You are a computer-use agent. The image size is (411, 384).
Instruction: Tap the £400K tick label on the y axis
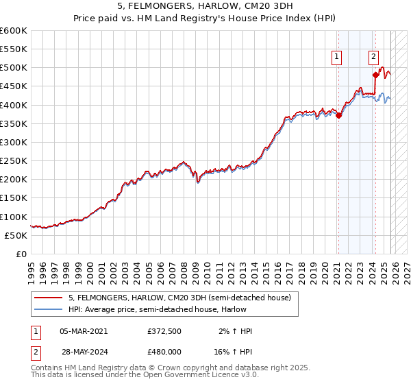(13, 105)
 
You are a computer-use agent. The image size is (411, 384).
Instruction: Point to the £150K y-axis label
(13, 198)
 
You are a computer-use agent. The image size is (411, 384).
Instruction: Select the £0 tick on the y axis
(21, 254)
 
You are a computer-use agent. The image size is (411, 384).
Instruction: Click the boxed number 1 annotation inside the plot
(338, 58)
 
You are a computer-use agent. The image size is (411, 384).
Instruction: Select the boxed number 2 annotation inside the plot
(374, 58)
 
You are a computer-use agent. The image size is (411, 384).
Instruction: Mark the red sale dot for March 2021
(338, 115)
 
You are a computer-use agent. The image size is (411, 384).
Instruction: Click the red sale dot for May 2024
(375, 75)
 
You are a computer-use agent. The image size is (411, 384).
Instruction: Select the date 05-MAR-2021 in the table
(84, 331)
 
